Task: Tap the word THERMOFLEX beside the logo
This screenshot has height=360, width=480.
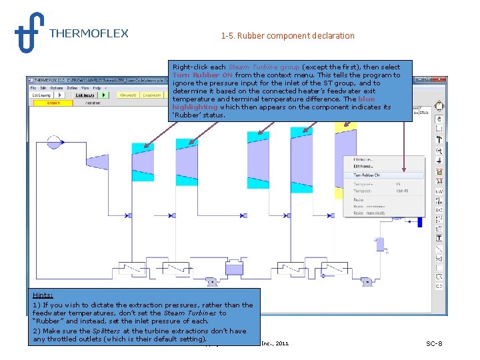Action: tap(89, 33)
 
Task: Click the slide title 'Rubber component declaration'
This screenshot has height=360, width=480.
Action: tap(287, 36)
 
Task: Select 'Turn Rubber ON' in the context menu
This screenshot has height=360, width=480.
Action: tap(367, 175)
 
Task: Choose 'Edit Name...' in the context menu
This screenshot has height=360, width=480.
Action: tap(363, 167)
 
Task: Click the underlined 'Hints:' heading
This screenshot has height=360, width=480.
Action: tap(43, 295)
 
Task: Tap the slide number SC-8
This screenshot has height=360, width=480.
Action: tap(434, 343)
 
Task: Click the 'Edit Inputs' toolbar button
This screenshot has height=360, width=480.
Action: tap(85, 95)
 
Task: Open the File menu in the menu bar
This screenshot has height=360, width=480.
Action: tap(33, 87)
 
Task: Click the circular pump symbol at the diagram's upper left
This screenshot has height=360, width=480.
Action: tap(54, 143)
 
